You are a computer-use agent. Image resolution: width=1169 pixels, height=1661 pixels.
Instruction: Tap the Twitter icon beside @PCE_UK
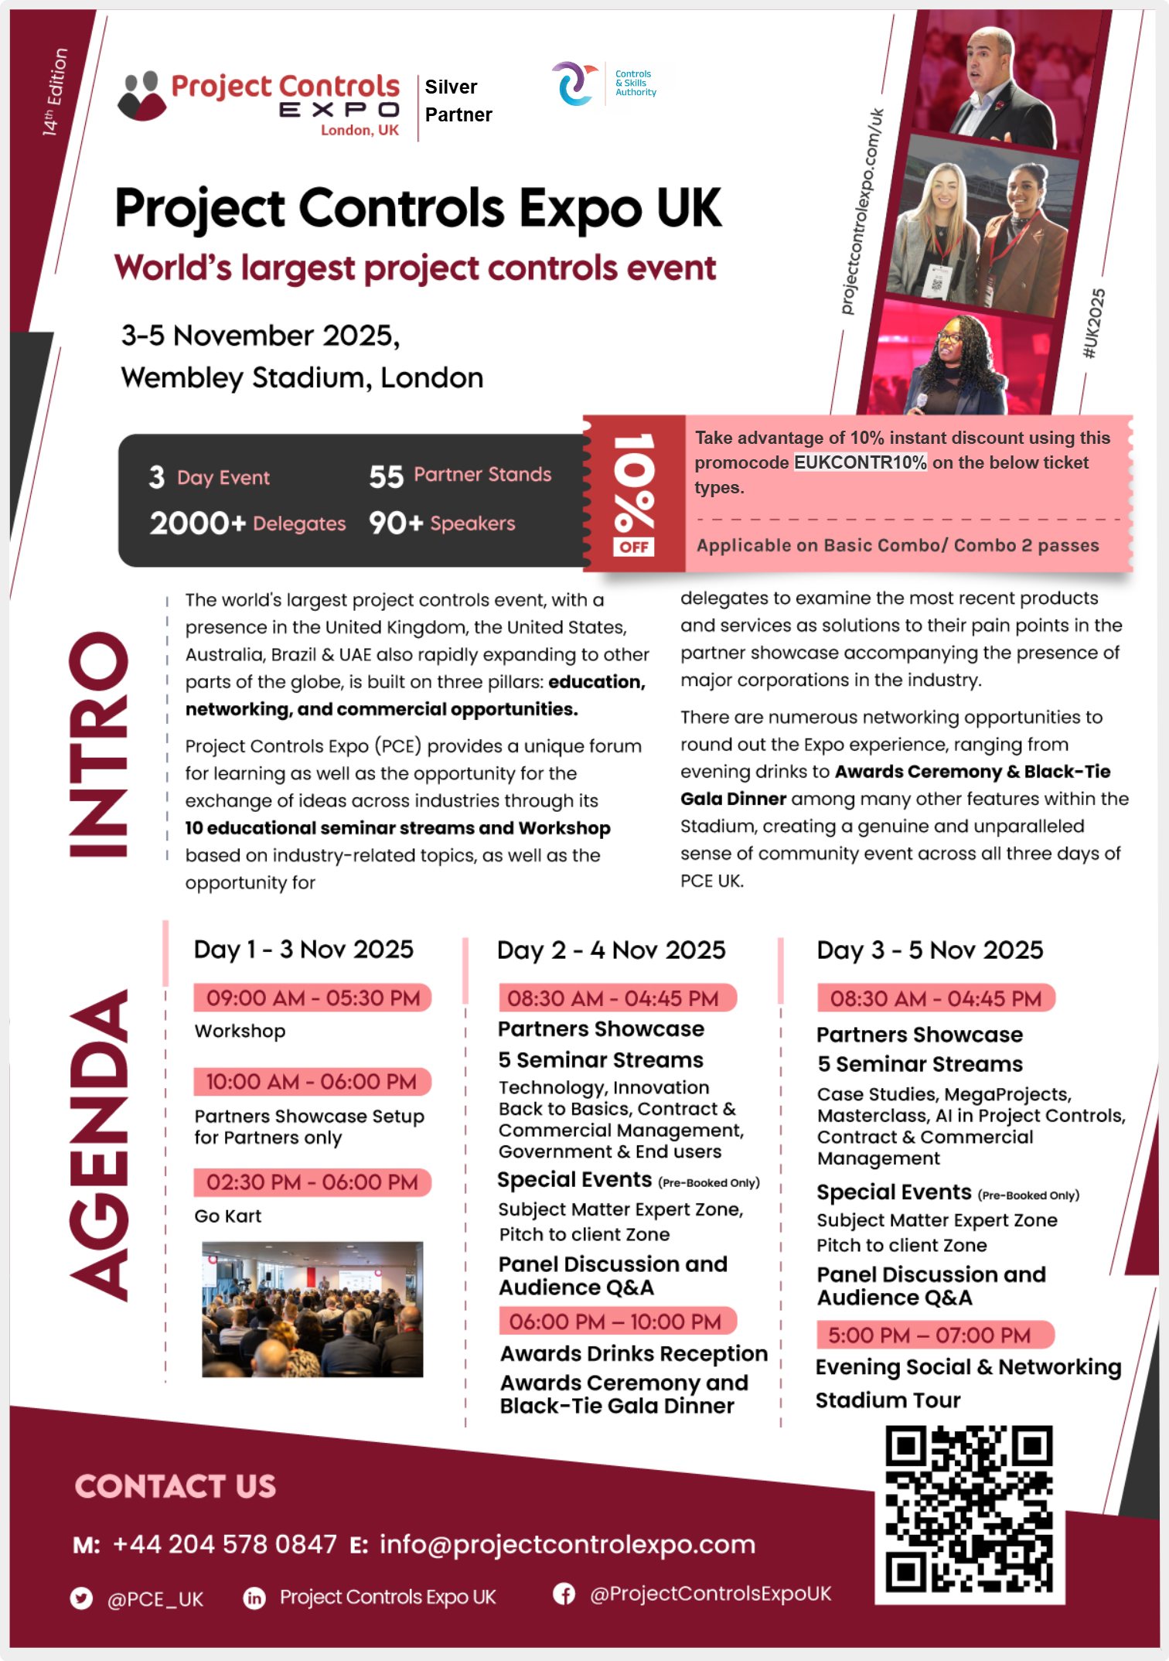coord(81,1598)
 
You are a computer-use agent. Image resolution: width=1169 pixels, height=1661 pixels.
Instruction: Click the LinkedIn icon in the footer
coord(254,1598)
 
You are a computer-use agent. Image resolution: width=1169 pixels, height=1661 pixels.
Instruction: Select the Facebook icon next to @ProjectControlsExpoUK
coord(564,1594)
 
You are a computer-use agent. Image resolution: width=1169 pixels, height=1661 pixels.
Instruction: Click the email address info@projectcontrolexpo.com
coord(567,1544)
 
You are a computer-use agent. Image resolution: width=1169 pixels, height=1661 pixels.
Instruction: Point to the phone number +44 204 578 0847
coord(224,1544)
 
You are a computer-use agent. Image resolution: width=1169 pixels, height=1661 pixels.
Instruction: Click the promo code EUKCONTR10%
coord(860,462)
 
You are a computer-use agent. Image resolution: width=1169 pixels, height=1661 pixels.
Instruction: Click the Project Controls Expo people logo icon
coord(141,96)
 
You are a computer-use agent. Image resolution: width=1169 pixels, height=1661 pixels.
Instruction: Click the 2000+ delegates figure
coord(197,524)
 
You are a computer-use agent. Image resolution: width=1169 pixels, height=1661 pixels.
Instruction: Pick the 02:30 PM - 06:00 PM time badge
coord(312,1182)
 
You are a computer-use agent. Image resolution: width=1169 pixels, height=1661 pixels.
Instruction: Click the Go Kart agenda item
coord(228,1216)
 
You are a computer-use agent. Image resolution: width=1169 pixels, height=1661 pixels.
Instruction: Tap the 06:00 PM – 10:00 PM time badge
coord(616,1322)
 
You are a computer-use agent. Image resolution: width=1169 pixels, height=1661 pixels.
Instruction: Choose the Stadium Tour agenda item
coord(888,1400)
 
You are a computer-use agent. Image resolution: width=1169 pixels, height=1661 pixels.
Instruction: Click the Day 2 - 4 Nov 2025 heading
coord(611,950)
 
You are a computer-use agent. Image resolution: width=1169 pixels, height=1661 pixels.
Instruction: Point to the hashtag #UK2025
coord(1094,324)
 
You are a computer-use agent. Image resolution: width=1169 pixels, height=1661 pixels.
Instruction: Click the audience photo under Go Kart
coord(312,1309)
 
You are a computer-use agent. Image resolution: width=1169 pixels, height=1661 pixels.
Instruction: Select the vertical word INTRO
coord(98,744)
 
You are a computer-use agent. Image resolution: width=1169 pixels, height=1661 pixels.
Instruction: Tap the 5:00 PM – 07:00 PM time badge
coord(934,1335)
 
